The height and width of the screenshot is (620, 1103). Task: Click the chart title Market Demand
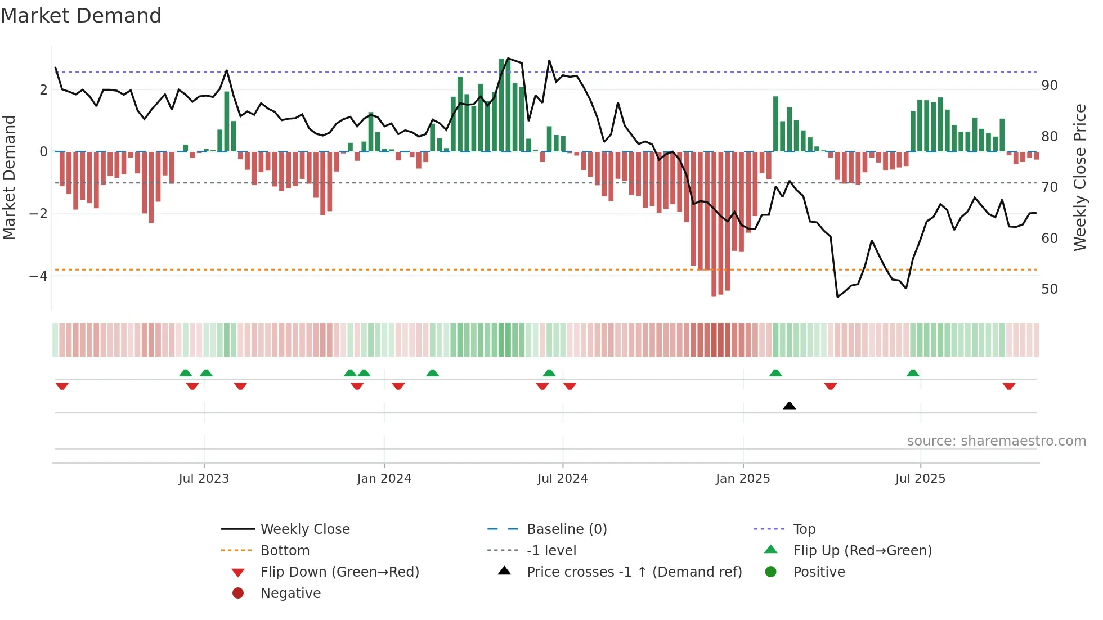(81, 16)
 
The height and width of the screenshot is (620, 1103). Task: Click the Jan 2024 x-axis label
(384, 479)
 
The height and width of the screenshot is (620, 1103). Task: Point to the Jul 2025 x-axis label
(920, 479)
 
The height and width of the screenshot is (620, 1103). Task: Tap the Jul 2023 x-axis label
(204, 479)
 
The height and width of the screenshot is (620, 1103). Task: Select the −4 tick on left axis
(38, 276)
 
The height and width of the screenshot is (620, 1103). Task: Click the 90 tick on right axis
(1049, 86)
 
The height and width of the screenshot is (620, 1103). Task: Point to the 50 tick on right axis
(1049, 289)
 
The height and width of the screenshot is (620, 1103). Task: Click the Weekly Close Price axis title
(1079, 177)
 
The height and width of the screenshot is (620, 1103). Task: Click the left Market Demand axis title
(9, 177)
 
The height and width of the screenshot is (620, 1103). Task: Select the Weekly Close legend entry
(304, 529)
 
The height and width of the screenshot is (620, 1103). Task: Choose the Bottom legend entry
(285, 551)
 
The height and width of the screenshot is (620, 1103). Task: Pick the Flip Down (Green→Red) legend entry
(339, 572)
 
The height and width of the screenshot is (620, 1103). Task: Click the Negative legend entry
(290, 594)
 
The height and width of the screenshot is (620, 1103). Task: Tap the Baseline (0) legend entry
(566, 529)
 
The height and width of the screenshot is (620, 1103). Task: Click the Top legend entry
(804, 529)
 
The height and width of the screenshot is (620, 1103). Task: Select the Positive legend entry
(818, 572)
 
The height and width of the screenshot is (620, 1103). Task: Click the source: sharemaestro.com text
(996, 441)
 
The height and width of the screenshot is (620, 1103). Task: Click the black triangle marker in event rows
(789, 406)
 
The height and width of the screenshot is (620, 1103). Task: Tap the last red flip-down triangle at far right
(1008, 386)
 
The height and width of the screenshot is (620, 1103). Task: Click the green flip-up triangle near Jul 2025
(912, 373)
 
